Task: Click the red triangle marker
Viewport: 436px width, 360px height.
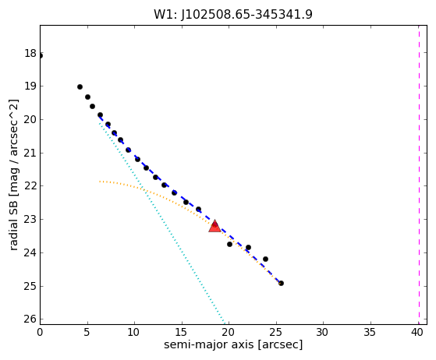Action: [x=215, y=226]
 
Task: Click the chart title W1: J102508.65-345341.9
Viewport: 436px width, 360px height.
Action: [x=233, y=15]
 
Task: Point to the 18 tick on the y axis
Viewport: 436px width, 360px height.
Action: [x=30, y=53]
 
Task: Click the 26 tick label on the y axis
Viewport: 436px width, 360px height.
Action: [x=30, y=319]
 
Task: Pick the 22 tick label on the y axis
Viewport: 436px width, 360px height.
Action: [x=30, y=186]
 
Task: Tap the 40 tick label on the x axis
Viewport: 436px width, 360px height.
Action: [x=417, y=332]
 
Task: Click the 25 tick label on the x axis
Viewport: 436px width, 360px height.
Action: [x=276, y=332]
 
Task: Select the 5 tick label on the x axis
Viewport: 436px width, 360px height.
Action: [x=87, y=332]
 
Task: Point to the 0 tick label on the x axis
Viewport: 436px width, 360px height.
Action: [x=40, y=332]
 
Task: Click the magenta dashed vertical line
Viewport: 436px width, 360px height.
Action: [x=419, y=175]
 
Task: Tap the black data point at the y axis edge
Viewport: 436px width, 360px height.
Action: [x=41, y=56]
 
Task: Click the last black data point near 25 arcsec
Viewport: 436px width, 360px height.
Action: [x=281, y=284]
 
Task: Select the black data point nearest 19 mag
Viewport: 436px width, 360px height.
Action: [x=80, y=87]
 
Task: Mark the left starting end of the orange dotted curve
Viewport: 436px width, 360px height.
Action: [x=100, y=182]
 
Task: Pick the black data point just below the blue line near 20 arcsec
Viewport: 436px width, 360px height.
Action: [x=229, y=244]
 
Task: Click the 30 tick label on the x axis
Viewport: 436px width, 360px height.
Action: [x=323, y=332]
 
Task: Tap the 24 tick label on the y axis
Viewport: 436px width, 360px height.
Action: [x=30, y=252]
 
